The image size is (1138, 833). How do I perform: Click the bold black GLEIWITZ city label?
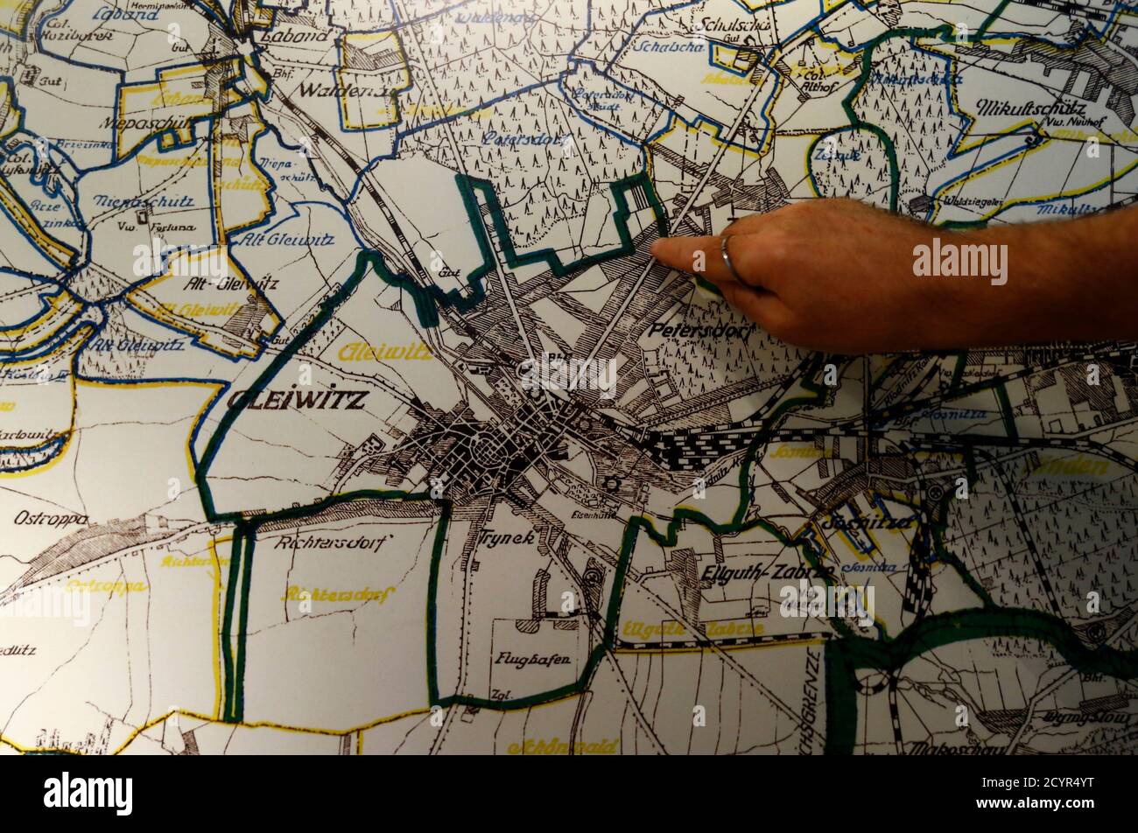[297, 400]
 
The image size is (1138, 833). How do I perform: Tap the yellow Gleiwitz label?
[385, 352]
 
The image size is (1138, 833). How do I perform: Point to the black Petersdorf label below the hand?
[700, 332]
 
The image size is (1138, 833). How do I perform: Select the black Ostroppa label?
[50, 518]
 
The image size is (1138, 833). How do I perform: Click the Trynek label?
[506, 538]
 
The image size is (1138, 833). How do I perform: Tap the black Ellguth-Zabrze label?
[767, 572]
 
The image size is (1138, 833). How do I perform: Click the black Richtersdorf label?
[319, 542]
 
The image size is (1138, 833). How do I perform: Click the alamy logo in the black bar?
[88, 794]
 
